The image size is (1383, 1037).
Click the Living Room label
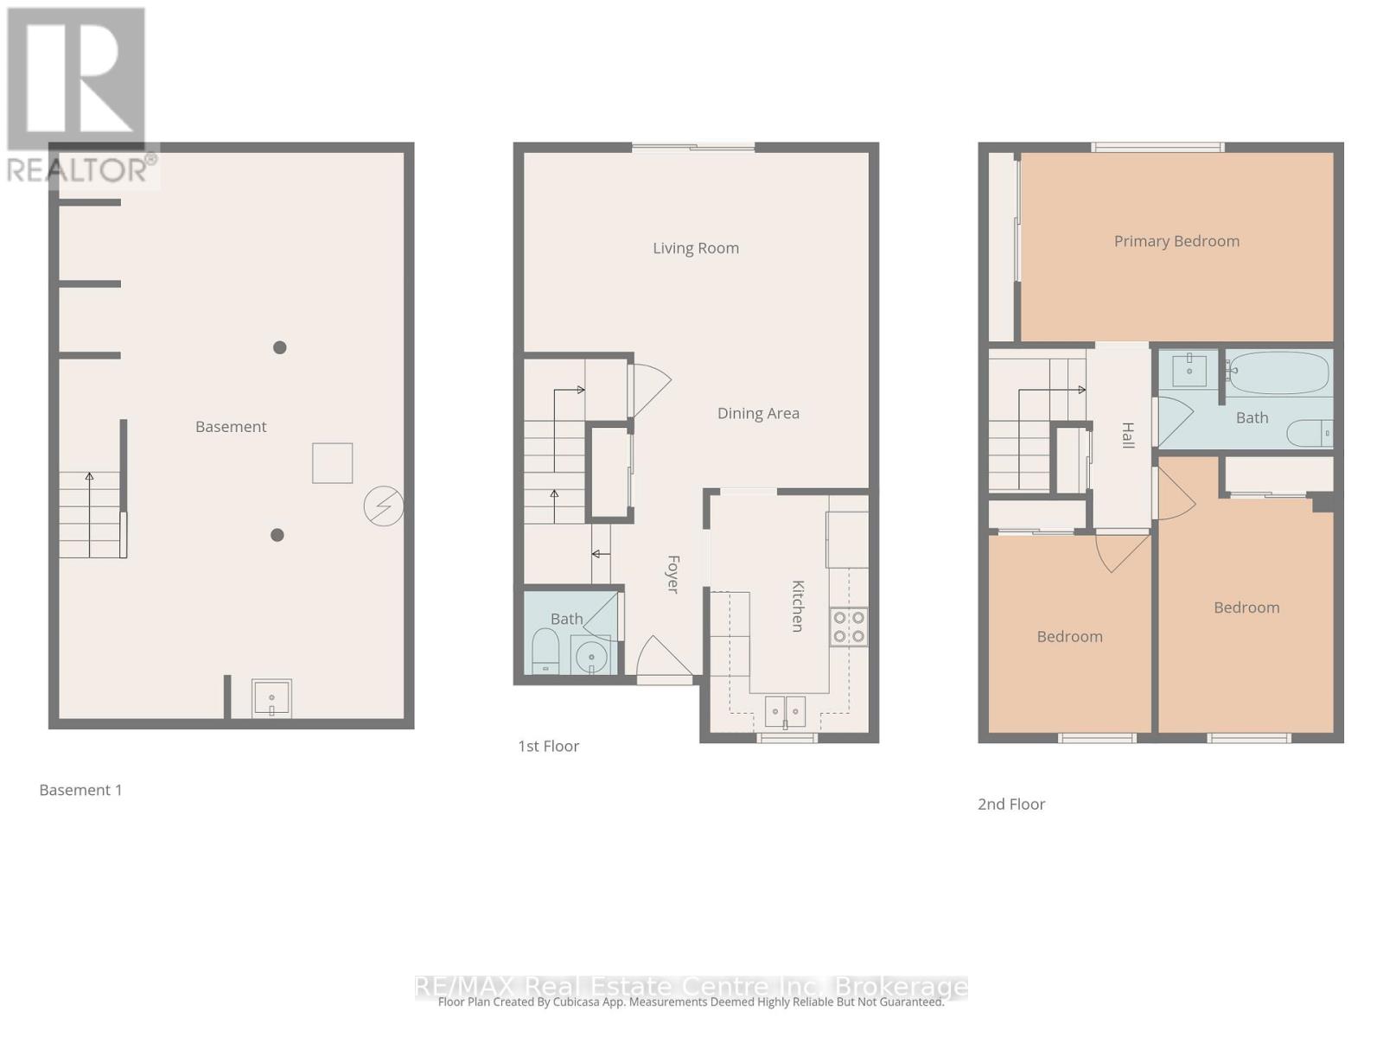(696, 248)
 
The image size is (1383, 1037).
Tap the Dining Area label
(758, 413)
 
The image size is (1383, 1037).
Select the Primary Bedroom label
(1176, 241)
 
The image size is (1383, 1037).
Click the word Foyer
(672, 574)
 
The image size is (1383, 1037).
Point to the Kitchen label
(798, 606)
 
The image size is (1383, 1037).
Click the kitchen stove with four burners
(848, 627)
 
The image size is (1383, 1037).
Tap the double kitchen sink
(785, 711)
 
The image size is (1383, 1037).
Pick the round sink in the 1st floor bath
(591, 656)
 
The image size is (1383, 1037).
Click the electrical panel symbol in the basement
(384, 506)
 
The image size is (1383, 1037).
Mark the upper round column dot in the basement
(280, 347)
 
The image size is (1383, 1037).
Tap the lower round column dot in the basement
(277, 535)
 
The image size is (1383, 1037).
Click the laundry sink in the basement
(271, 698)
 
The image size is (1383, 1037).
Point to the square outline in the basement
(333, 463)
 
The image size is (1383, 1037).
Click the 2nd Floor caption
(1011, 804)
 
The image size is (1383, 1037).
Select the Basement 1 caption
(81, 790)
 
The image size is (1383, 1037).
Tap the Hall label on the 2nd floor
(1127, 435)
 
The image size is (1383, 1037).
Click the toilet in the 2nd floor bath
(1309, 432)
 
